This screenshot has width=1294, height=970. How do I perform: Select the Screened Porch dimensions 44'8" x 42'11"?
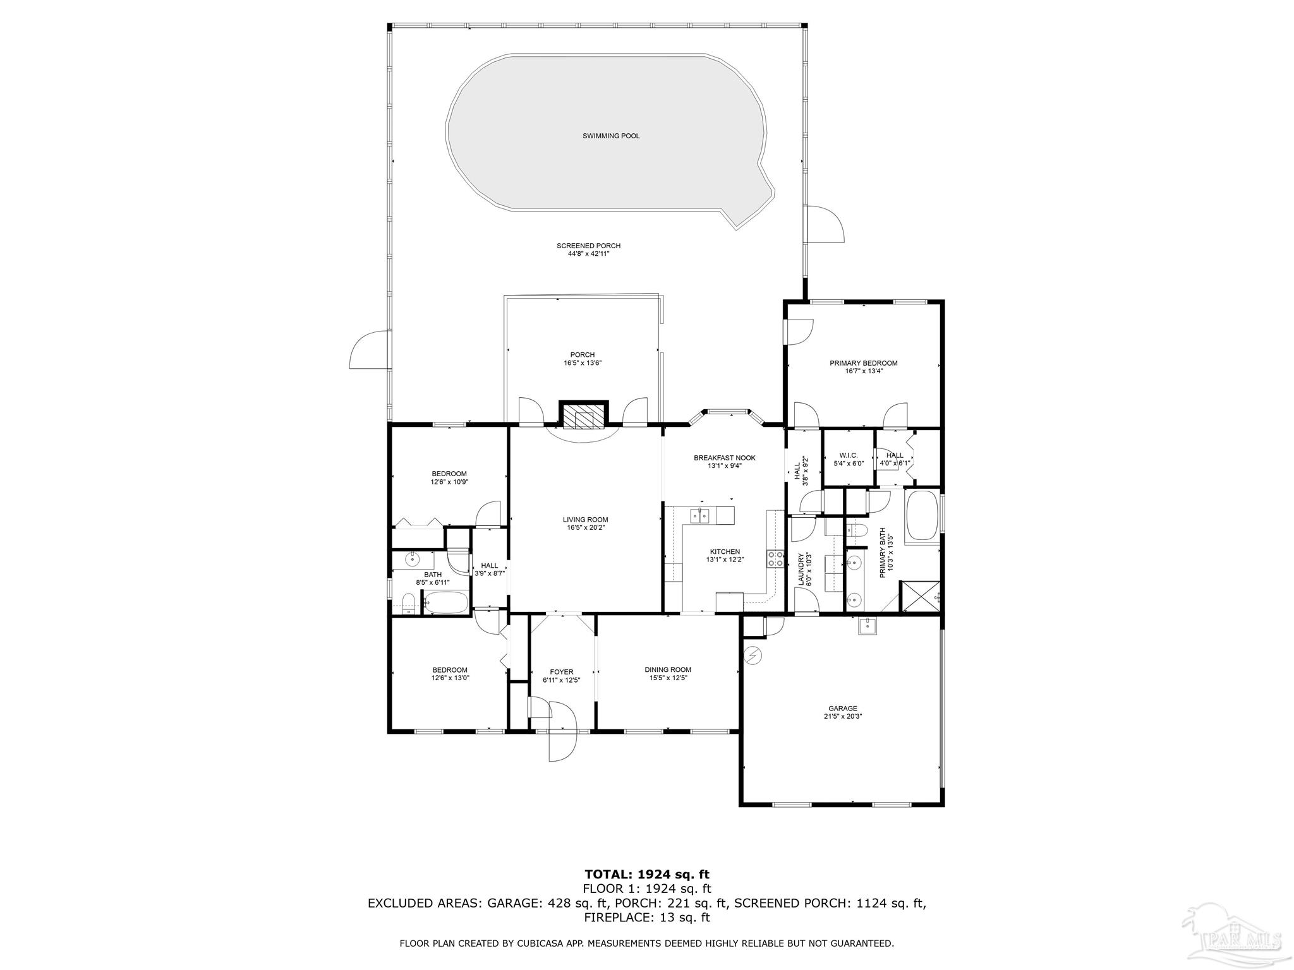(x=588, y=254)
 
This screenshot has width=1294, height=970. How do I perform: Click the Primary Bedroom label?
(x=863, y=363)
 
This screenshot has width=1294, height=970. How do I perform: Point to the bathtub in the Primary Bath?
(x=922, y=515)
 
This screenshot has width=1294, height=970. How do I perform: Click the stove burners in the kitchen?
(x=775, y=559)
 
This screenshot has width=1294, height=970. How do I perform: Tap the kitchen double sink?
(x=699, y=516)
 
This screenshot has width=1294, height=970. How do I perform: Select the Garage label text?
(x=843, y=709)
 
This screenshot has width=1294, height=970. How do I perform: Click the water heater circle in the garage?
(x=752, y=656)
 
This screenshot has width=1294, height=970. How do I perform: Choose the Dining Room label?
(x=668, y=669)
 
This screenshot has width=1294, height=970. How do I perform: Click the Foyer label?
(x=561, y=672)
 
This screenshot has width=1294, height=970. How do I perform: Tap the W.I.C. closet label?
(x=848, y=455)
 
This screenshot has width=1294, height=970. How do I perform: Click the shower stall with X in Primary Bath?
(x=919, y=597)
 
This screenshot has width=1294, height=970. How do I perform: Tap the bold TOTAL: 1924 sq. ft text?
(x=646, y=875)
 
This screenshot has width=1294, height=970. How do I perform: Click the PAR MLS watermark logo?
(x=1232, y=935)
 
